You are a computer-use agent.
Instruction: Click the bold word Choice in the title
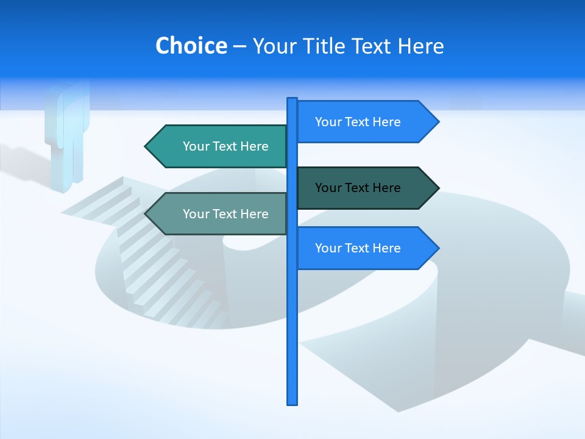click(x=191, y=46)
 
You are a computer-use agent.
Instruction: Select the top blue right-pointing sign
click(x=366, y=122)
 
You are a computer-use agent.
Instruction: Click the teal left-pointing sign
click(x=219, y=146)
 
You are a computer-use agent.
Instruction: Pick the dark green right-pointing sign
click(x=366, y=188)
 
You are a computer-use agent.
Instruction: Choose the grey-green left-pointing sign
click(x=219, y=214)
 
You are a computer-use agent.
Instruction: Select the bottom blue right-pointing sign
click(x=366, y=248)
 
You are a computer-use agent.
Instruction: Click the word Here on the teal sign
click(x=254, y=146)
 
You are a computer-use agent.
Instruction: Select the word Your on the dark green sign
click(x=328, y=188)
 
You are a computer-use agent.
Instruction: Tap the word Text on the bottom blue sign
click(x=357, y=248)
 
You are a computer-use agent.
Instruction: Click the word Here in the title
click(x=420, y=46)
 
